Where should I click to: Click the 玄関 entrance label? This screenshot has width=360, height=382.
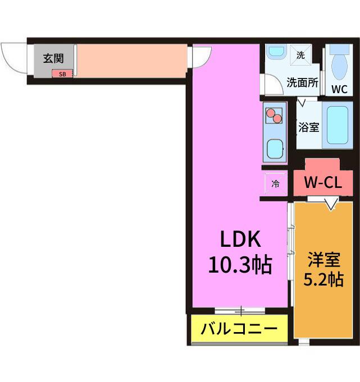[x=53, y=58]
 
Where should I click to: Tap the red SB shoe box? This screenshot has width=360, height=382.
[x=62, y=74]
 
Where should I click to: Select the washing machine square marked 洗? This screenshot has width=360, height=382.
[x=300, y=56]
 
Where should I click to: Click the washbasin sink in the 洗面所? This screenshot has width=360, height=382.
[x=276, y=52]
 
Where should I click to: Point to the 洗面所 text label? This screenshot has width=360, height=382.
[x=303, y=83]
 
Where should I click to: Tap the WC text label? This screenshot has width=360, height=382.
[x=339, y=89]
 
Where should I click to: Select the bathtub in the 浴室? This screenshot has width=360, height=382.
[x=338, y=125]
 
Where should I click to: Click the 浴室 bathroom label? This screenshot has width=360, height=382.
[x=309, y=127]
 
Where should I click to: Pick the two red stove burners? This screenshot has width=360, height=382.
[x=274, y=116]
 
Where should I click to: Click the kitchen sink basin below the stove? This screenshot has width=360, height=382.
[x=275, y=149]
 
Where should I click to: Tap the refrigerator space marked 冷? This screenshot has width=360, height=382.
[x=276, y=183]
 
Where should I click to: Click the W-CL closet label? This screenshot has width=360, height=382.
[x=323, y=182]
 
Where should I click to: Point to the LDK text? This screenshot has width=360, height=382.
[x=240, y=240]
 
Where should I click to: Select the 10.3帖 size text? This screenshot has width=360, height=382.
[x=240, y=265]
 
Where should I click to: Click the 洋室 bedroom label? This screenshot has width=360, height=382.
[x=323, y=260]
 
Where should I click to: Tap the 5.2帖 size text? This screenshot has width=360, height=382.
[x=323, y=279]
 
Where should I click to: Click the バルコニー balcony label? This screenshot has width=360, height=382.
[x=239, y=329]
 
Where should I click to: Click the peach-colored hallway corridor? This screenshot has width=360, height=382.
[x=132, y=61]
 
